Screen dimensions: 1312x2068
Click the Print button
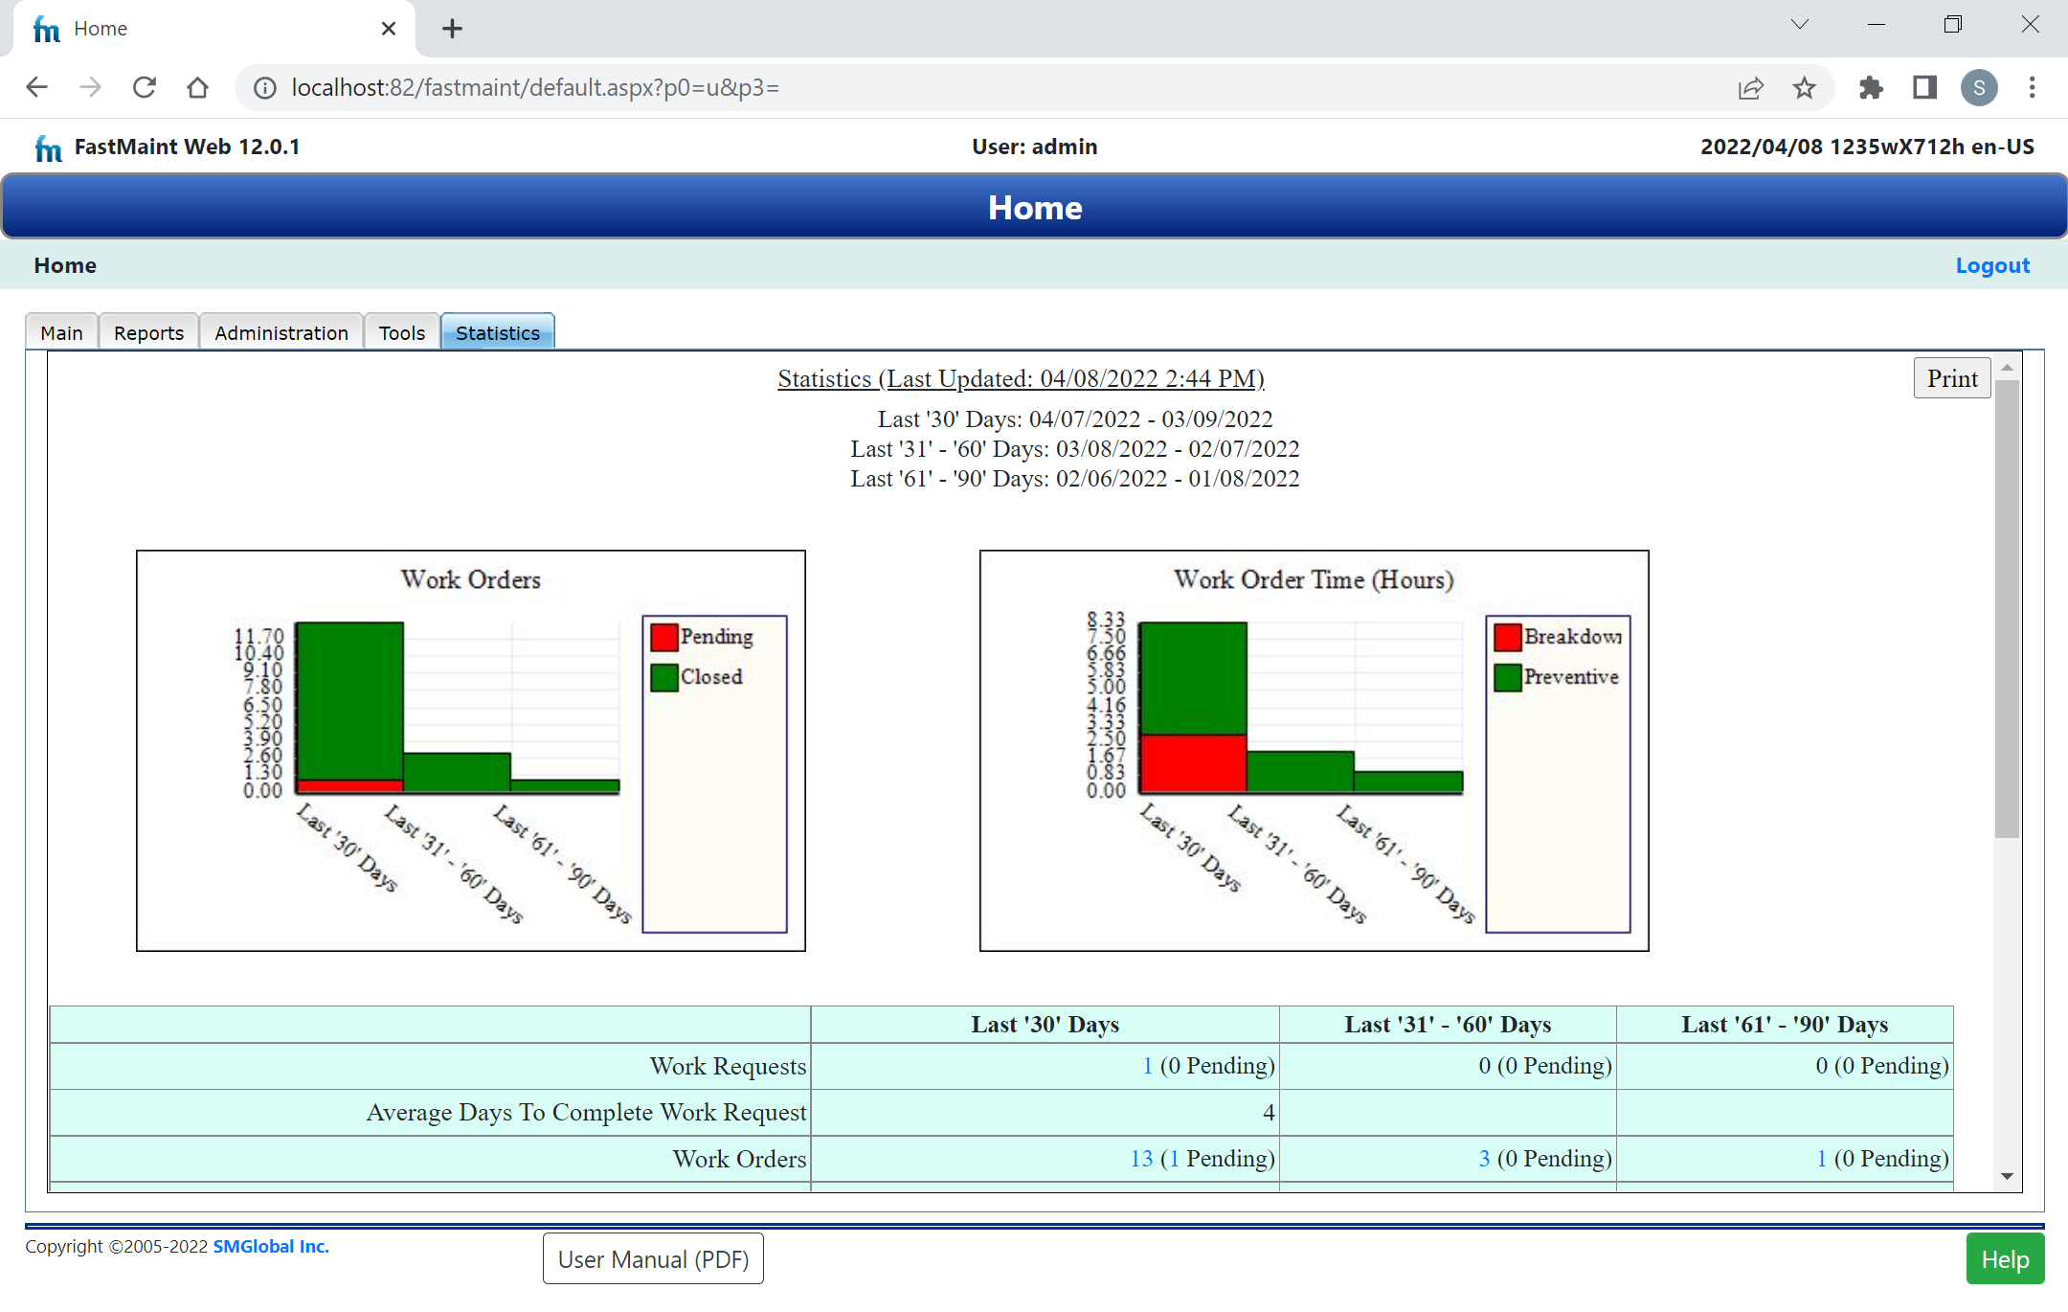1951,378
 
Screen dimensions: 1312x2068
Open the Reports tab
148,332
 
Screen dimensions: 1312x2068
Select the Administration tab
281,332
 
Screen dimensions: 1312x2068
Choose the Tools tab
401,332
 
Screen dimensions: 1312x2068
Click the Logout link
1991,265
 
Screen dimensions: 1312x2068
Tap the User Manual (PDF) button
653,1258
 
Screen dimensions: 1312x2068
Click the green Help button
2005,1258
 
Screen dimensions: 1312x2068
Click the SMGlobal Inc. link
271,1246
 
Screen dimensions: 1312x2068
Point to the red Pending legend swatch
664,637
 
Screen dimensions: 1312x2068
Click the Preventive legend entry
1570,677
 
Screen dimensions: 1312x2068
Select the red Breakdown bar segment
1193,763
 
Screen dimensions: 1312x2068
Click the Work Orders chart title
470,579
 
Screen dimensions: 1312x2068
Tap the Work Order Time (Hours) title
1314,579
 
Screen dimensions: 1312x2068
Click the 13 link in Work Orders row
1141,1159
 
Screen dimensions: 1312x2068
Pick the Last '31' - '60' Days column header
1448,1025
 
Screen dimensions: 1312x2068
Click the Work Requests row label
728,1066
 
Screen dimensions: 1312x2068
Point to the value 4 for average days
1269,1112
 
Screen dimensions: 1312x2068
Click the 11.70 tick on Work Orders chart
259,636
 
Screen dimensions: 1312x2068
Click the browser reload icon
145,88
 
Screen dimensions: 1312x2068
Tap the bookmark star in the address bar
1804,88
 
